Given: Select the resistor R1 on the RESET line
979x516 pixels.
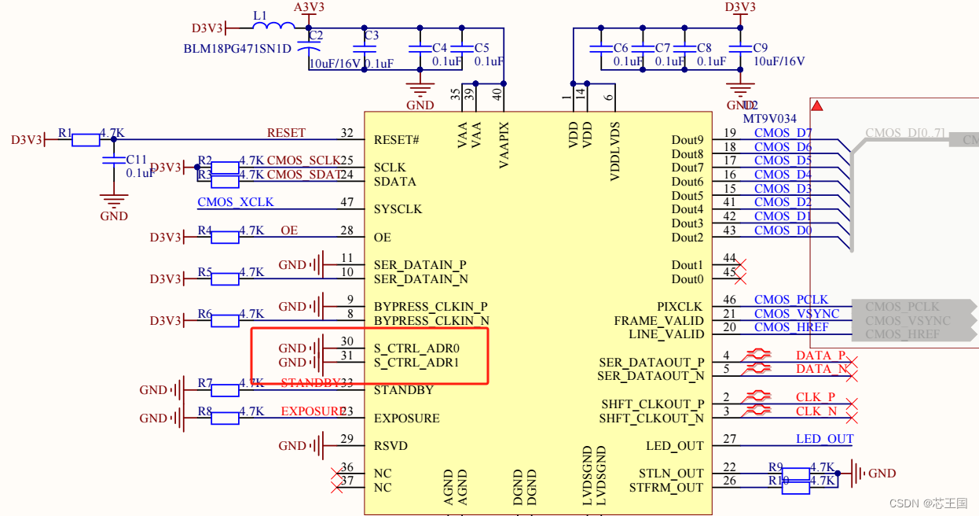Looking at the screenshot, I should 86,140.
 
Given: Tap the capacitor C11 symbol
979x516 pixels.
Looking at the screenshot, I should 114,161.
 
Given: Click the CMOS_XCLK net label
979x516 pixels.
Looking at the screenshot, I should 236,202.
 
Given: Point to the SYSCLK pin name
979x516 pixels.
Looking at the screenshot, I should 398,209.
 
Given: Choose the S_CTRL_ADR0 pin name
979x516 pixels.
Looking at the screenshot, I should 416,348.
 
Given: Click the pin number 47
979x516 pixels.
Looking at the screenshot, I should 346,202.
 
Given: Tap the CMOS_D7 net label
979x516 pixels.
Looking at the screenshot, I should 783,133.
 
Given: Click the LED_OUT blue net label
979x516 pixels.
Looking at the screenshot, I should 824,439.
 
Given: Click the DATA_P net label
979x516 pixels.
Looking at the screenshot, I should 820,356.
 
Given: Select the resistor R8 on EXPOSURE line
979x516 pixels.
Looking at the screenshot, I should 225,418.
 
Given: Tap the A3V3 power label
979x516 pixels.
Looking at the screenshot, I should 309,7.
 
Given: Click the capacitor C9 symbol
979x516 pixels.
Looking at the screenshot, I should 739,48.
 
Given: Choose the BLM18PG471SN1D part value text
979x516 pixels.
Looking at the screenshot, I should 237,49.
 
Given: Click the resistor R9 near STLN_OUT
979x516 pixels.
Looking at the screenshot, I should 796,474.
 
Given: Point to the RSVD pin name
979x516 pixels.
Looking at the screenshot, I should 390,446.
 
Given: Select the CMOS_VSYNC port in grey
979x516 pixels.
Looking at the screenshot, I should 908,320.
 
